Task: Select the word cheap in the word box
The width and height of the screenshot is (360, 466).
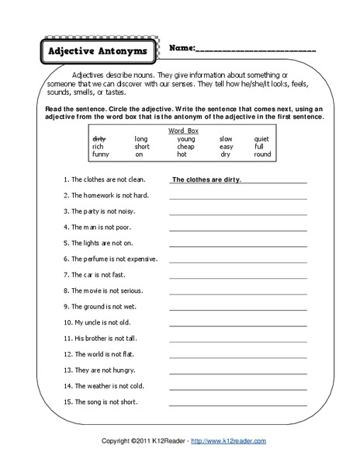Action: [185, 147]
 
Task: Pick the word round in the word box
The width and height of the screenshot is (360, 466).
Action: [262, 155]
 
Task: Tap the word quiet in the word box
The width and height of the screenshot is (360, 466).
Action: [261, 139]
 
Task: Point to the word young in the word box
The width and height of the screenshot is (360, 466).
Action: [185, 139]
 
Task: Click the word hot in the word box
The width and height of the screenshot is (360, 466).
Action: [182, 155]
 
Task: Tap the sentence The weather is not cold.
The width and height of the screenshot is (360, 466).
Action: [106, 386]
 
